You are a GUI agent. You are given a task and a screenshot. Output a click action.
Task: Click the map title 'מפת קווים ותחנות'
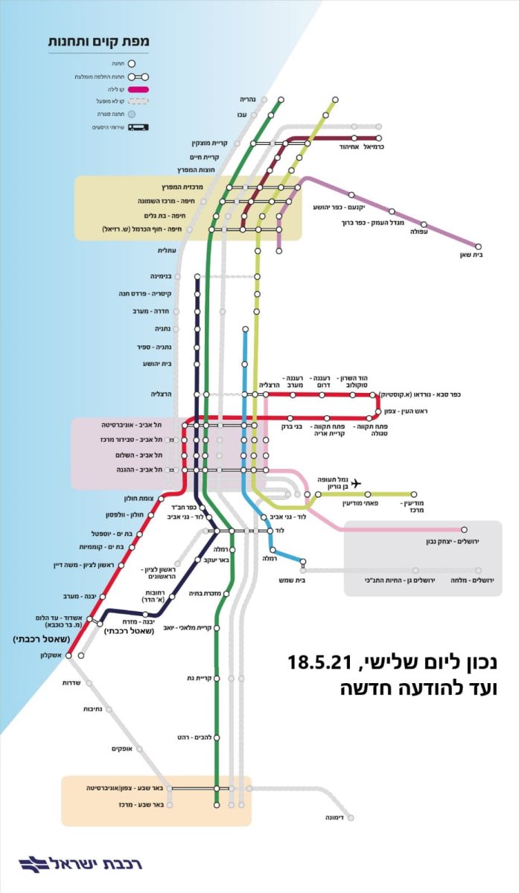(99, 42)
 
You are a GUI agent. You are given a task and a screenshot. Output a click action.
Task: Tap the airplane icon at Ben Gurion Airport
(355, 484)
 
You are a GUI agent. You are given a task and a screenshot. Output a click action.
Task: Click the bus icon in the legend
(138, 127)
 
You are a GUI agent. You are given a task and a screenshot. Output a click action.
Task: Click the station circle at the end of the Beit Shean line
(479, 246)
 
